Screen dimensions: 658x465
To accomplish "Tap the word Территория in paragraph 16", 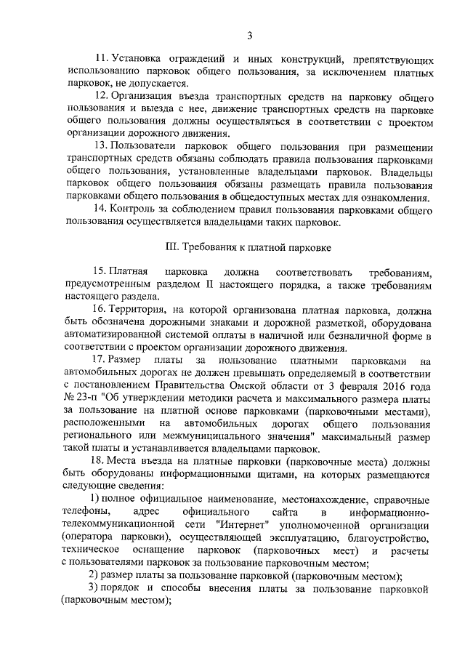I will tap(149, 309).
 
